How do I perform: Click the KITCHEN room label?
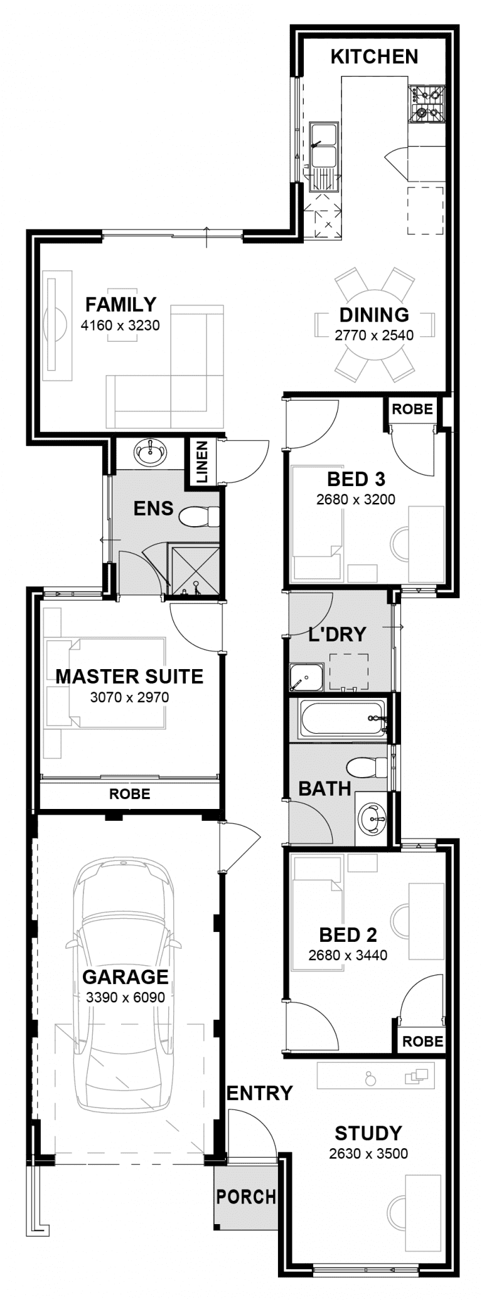coord(374,56)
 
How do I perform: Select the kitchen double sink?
coord(324,157)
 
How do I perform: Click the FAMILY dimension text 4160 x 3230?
coord(120,325)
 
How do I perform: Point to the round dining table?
coord(375,324)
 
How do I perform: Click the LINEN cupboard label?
coord(202,462)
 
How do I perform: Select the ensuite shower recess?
coord(195,570)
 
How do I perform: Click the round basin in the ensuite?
coord(151,453)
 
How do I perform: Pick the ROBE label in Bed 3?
coord(412,409)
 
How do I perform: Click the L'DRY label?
coord(337,634)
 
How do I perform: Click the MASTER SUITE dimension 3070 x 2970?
coord(129,697)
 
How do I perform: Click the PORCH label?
coord(246,1197)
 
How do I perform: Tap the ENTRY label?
coord(259,1093)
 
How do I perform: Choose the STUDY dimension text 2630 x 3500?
coord(368,1153)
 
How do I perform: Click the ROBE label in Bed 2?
coord(422,1042)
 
